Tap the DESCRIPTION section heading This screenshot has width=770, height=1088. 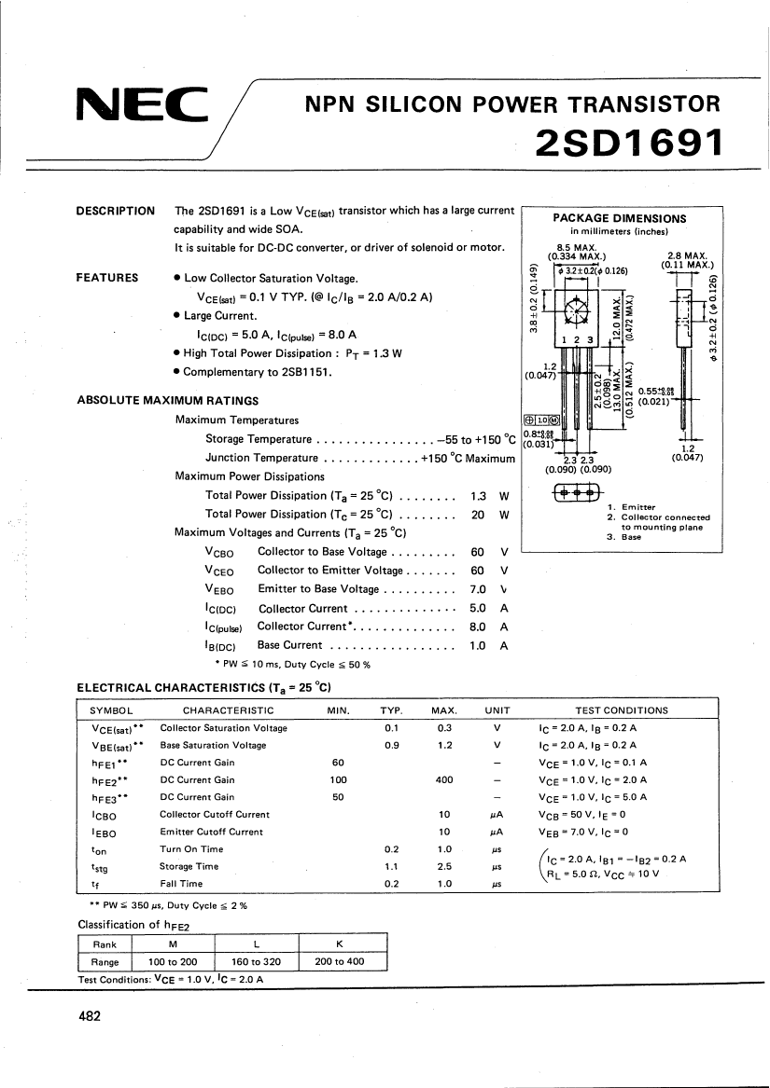point(115,211)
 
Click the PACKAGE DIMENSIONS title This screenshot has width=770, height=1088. point(620,218)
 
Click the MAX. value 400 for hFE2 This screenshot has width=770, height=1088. point(444,779)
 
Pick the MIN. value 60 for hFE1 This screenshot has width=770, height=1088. point(338,762)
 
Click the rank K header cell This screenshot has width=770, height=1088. point(340,944)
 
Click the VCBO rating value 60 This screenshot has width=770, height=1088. point(478,551)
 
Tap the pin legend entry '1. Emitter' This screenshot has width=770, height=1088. point(632,507)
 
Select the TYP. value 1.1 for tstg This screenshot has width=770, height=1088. point(392,866)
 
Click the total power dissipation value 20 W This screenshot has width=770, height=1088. point(478,514)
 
